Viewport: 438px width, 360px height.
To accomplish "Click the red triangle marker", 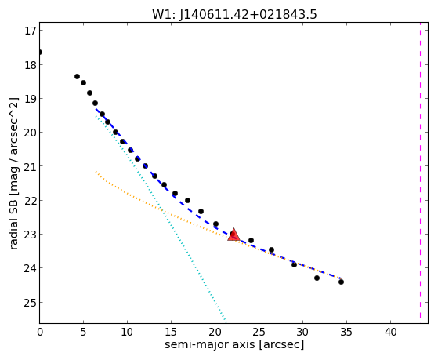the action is pos(233,235).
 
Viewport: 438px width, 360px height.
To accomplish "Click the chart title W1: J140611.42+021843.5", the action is pos(234,15).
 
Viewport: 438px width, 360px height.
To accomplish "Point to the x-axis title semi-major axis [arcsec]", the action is pos(234,344).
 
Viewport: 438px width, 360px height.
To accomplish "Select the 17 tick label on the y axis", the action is pos(31,31).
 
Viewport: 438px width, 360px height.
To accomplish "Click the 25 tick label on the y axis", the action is pos(31,303).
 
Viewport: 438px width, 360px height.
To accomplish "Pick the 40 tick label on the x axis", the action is pos(390,332).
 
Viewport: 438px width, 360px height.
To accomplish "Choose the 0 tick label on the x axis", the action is pos(40,332).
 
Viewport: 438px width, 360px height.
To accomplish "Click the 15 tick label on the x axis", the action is pos(171,332).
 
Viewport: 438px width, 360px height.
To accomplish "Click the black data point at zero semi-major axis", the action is pos(40,53).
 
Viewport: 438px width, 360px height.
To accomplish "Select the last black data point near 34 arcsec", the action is pos(341,282).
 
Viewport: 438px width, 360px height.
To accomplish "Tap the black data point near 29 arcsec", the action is pos(294,264).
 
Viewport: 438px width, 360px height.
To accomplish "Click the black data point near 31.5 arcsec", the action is pos(317,278).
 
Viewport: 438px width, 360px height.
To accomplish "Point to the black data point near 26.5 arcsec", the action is pos(271,249).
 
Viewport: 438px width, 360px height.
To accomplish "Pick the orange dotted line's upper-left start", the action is pos(96,171).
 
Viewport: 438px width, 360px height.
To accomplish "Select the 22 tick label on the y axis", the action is pos(31,201).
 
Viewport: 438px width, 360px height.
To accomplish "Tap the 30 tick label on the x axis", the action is pos(302,332).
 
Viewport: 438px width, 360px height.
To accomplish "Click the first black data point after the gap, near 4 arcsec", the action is pos(77,76).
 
